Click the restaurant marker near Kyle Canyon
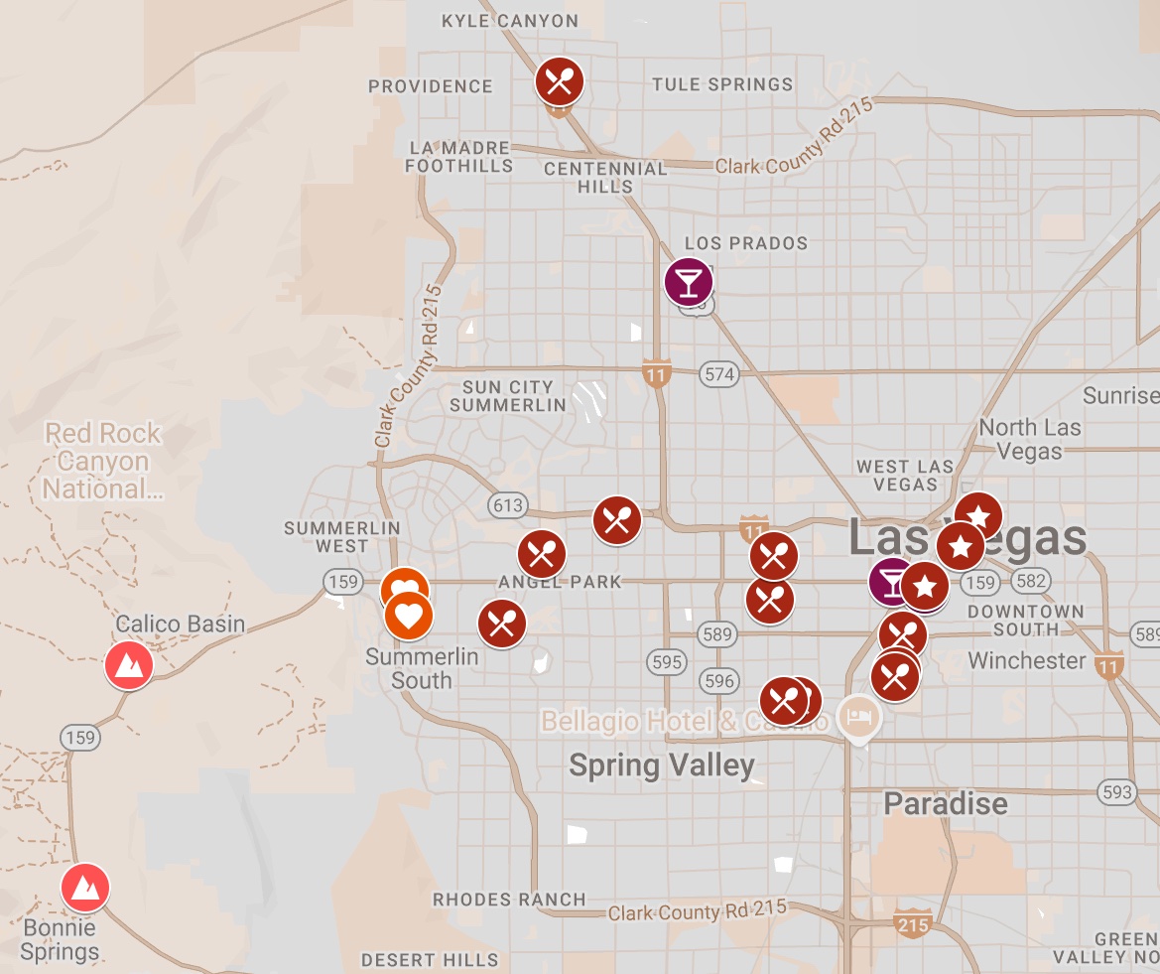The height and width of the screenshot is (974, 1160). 560,81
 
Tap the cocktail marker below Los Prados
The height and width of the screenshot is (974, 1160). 689,281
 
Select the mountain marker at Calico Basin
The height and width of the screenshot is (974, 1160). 129,665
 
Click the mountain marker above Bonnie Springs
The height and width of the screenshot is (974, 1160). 85,888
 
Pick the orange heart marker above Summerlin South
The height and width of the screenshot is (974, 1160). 408,617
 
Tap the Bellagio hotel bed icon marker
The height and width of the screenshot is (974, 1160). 857,716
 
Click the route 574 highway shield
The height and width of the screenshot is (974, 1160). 718,374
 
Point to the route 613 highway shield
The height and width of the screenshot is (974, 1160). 507,505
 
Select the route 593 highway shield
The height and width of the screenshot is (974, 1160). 1117,791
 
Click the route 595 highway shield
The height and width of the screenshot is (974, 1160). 668,662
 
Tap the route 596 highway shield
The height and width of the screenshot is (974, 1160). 718,680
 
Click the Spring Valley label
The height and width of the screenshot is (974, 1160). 662,765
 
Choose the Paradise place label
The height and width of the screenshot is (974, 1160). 945,803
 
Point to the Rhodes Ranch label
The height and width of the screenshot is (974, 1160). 509,900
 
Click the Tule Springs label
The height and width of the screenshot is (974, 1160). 722,84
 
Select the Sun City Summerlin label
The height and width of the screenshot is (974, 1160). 508,395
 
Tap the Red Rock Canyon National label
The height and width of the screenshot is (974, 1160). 103,461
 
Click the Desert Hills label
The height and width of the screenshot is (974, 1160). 430,960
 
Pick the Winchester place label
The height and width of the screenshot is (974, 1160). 1026,660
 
